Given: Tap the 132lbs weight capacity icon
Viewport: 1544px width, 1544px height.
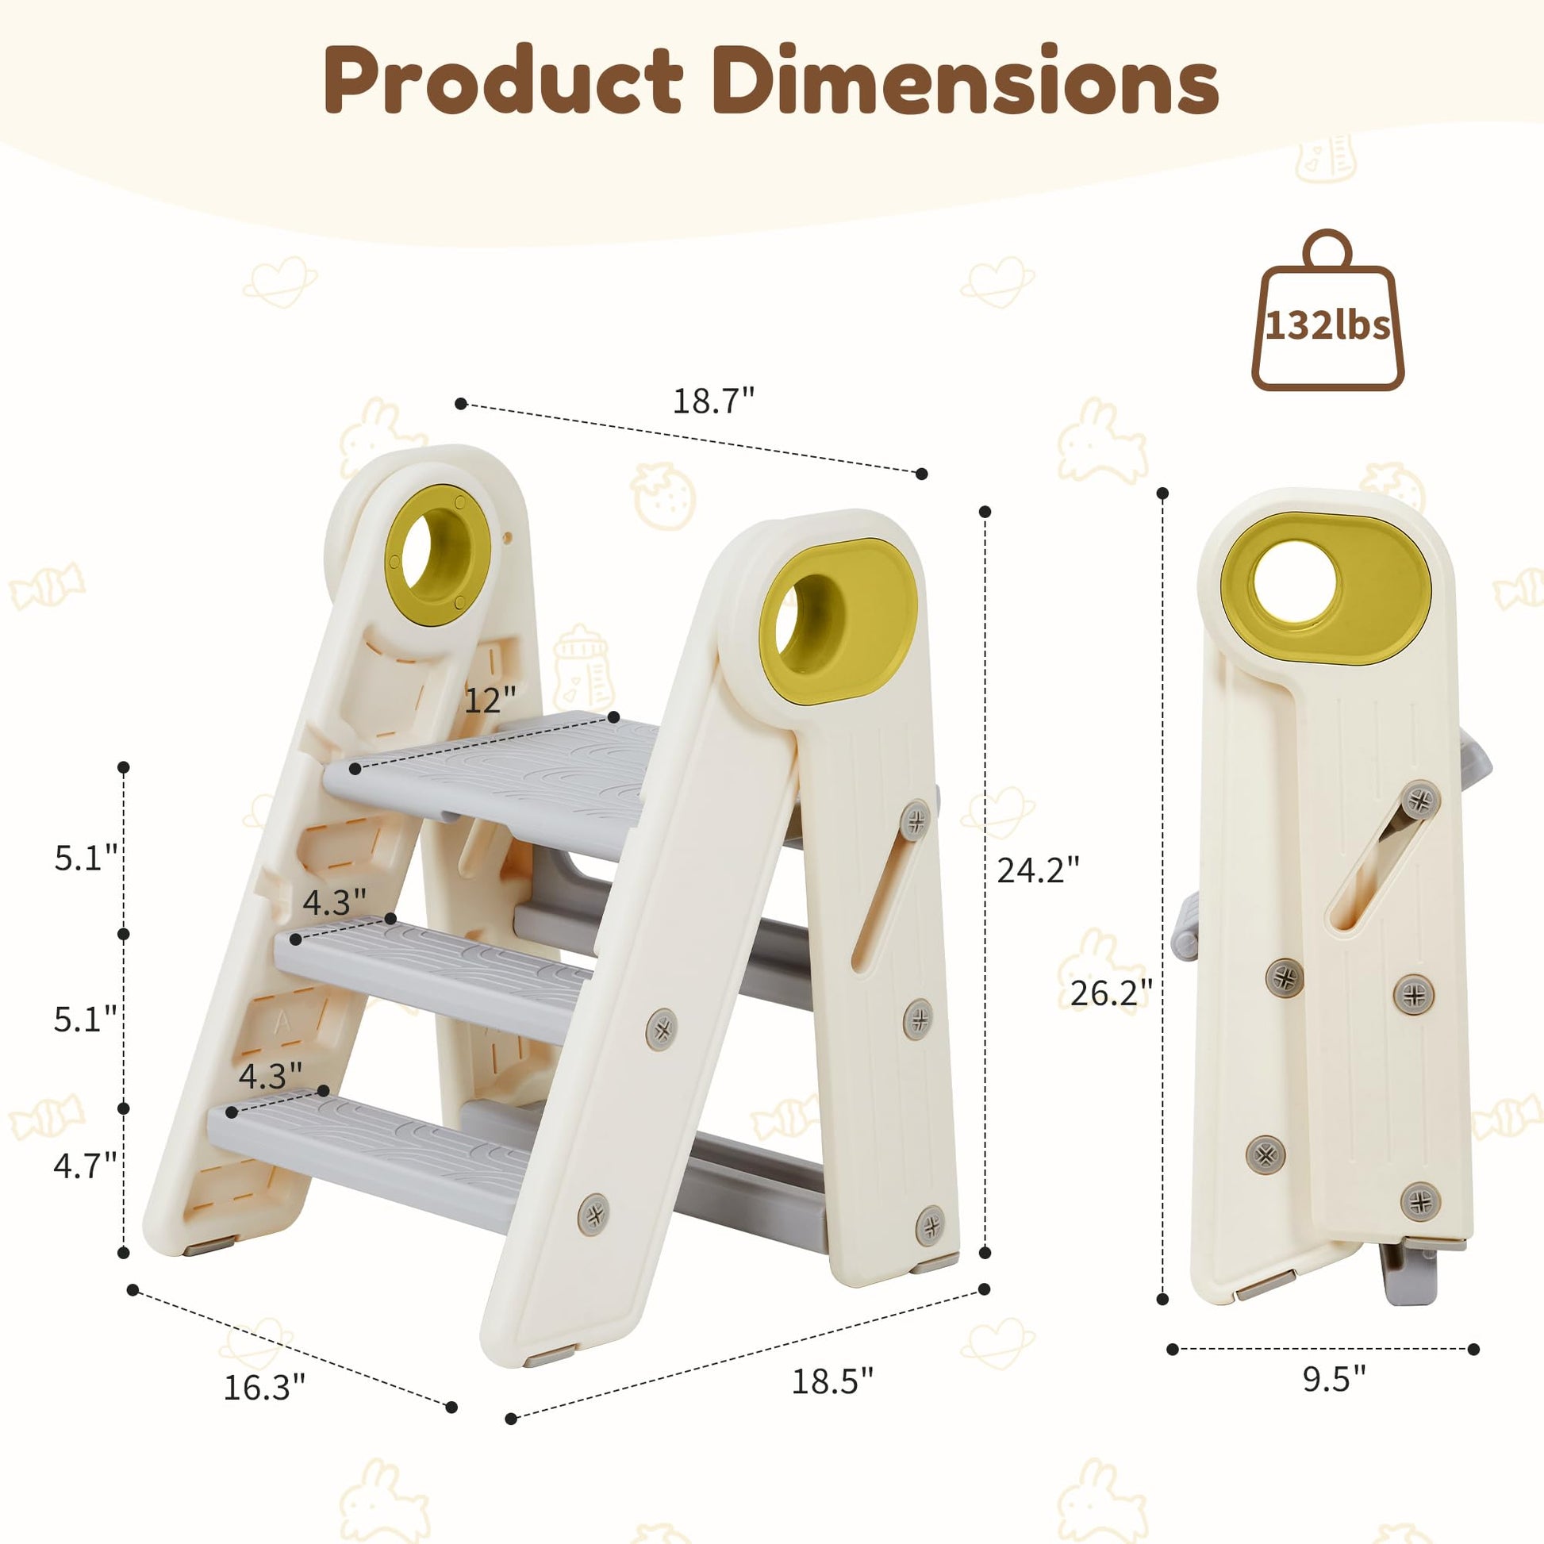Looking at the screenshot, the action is (x=1327, y=312).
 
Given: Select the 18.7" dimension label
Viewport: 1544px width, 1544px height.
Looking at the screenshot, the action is (x=713, y=401).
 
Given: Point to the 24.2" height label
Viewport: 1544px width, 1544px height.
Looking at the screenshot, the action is (x=1038, y=870).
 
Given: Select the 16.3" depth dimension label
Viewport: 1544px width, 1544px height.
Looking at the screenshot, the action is (x=264, y=1387).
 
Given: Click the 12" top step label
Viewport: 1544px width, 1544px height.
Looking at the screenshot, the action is (x=490, y=700).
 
